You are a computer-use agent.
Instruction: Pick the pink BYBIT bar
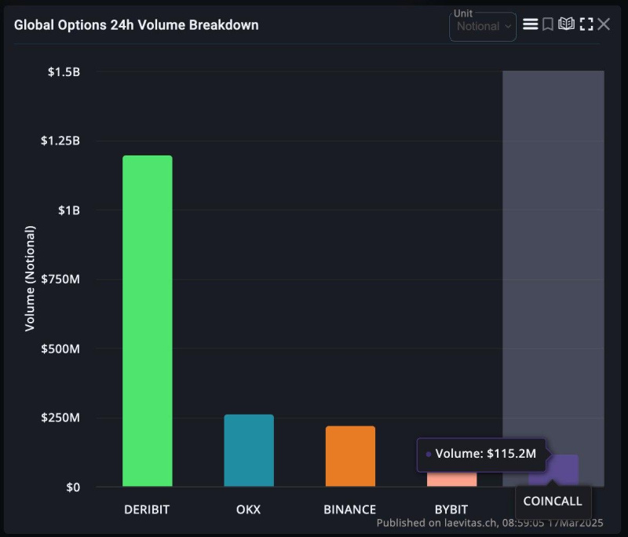(x=451, y=479)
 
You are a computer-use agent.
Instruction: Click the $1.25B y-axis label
(x=60, y=141)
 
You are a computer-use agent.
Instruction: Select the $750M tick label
(x=60, y=279)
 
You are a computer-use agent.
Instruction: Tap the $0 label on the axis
(x=72, y=487)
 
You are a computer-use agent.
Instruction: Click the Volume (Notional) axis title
(x=31, y=278)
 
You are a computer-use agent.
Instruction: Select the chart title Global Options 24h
(x=136, y=24)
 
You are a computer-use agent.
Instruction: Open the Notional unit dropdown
(x=483, y=27)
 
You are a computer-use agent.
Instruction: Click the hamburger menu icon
(x=531, y=24)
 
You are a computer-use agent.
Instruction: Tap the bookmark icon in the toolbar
(x=548, y=24)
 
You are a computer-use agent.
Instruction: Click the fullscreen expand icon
(x=586, y=24)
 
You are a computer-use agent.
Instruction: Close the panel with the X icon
(x=604, y=24)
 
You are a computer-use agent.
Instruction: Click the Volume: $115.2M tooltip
(x=480, y=454)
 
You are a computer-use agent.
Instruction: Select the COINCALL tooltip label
(x=553, y=501)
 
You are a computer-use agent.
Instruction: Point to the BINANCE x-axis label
(x=350, y=509)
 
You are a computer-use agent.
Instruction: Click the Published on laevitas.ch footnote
(x=490, y=522)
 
